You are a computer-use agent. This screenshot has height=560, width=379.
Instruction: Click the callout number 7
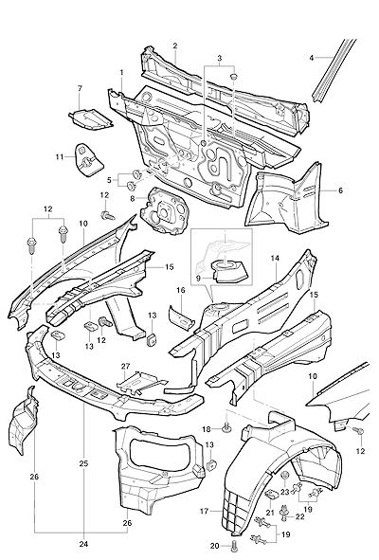(x=80, y=88)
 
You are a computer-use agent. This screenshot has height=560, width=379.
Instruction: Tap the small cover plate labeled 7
(x=91, y=119)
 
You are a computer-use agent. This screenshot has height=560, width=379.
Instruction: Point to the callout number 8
(x=134, y=197)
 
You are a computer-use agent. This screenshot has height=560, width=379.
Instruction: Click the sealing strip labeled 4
(x=334, y=70)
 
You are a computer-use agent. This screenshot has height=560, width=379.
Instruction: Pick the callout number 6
(x=340, y=190)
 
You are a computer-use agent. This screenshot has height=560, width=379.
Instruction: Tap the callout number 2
(x=175, y=46)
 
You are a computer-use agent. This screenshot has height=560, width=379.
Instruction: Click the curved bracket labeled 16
(x=182, y=315)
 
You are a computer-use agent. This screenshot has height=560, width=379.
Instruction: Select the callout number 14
(x=276, y=258)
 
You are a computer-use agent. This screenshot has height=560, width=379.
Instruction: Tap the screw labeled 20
(x=234, y=546)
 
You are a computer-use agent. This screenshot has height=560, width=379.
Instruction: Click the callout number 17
(x=204, y=512)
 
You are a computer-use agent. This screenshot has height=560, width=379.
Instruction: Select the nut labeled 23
(x=284, y=476)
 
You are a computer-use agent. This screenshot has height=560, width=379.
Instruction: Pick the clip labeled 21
(x=273, y=495)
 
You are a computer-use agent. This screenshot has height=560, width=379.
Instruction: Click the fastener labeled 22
(x=285, y=511)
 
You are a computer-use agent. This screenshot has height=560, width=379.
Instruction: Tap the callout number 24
(x=83, y=544)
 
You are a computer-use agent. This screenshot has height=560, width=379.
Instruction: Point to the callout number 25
(x=83, y=463)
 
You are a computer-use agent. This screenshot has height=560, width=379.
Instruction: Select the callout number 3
(x=219, y=58)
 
